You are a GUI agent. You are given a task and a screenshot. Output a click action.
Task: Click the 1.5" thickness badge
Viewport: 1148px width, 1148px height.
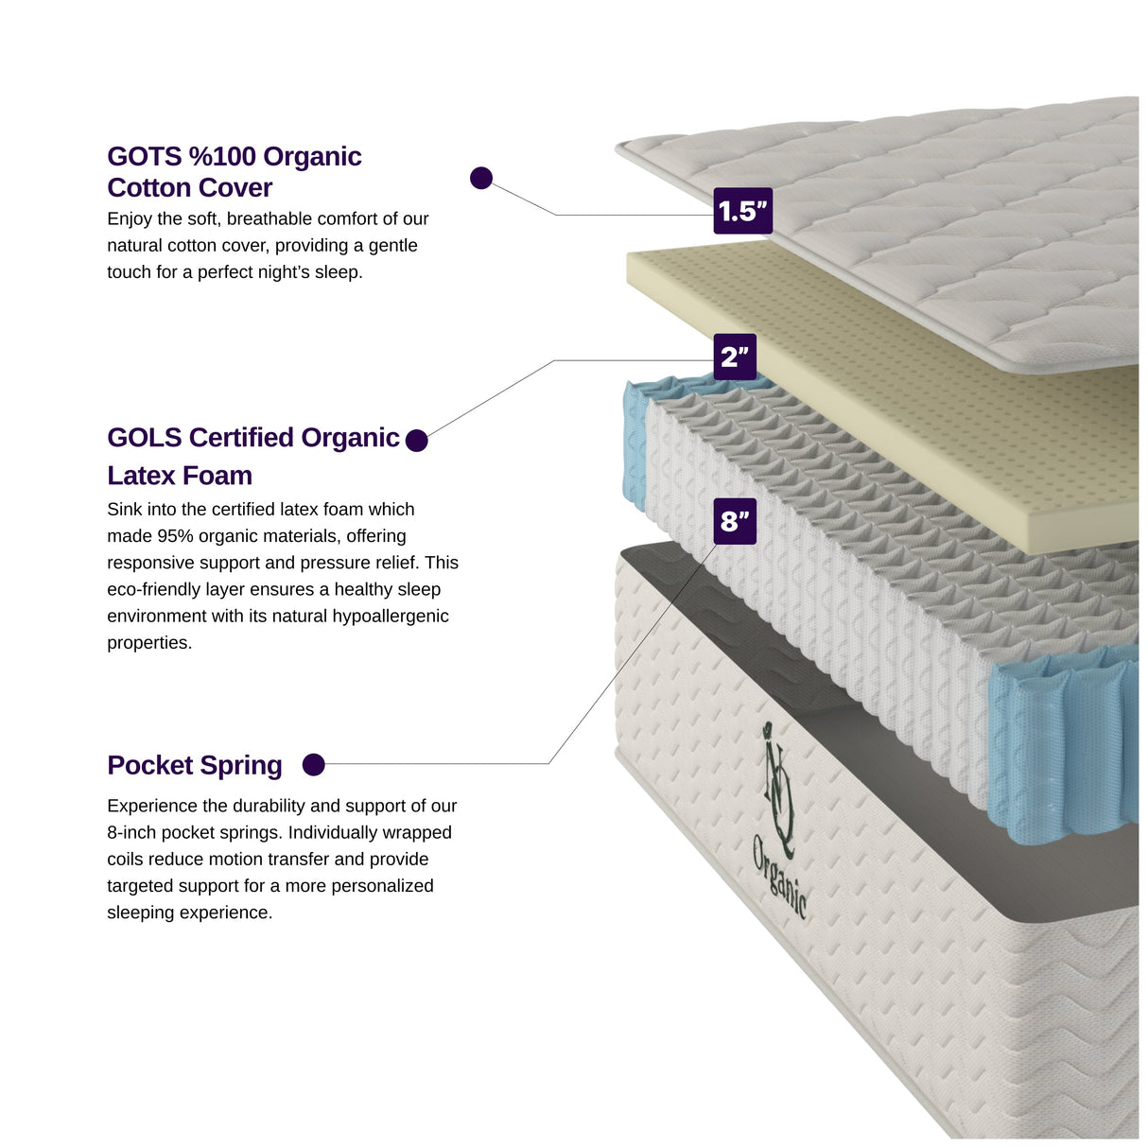click(x=742, y=211)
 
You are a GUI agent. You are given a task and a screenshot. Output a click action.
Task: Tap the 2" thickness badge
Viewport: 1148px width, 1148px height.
click(x=735, y=357)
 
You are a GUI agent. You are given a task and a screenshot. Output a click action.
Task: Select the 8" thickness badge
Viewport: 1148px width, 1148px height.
click(x=735, y=521)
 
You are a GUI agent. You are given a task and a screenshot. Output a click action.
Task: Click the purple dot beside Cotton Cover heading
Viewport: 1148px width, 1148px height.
click(x=481, y=178)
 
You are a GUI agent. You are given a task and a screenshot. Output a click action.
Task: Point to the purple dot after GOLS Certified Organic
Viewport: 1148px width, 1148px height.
click(x=416, y=441)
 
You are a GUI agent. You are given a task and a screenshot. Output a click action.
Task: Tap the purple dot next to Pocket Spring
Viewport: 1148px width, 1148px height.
click(x=314, y=765)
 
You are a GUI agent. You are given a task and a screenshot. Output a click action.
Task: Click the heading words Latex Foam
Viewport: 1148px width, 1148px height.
click(x=180, y=476)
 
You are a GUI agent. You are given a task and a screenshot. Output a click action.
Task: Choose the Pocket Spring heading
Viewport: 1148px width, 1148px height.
click(x=195, y=765)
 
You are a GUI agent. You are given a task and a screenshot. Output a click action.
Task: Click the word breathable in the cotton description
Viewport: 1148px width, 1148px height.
click(x=269, y=219)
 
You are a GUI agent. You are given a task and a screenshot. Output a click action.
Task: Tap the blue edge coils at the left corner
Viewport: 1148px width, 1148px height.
click(x=635, y=444)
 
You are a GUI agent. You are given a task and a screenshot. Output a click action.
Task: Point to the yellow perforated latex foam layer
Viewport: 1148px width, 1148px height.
click(x=908, y=397)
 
